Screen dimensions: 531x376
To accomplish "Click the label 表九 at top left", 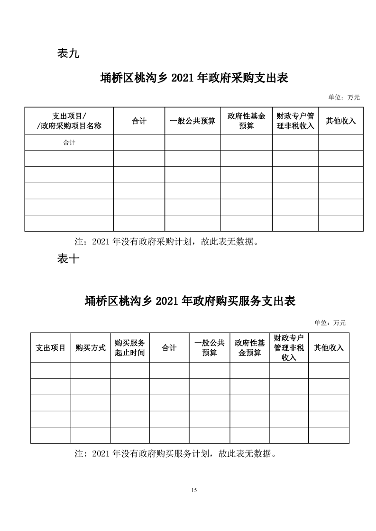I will click(x=68, y=53).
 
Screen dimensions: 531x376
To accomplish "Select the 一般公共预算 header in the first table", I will click(x=193, y=121).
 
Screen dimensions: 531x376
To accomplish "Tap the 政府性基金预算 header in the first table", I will click(x=246, y=121).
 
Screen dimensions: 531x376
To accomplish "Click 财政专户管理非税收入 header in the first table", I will click(x=295, y=121).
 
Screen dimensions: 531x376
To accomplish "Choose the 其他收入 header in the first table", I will click(x=340, y=121).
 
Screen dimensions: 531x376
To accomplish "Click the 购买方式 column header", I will click(x=91, y=348).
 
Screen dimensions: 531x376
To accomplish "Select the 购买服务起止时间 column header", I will click(x=130, y=348).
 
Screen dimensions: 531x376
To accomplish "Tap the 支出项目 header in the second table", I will click(x=51, y=348).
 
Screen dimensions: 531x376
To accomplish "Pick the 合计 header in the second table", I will click(x=169, y=348).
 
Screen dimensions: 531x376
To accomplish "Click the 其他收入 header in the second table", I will click(x=329, y=348).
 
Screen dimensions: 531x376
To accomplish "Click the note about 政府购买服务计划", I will click(x=175, y=454).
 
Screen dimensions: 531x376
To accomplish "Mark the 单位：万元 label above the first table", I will click(x=344, y=97).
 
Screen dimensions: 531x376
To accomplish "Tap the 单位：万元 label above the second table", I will click(x=330, y=323).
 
